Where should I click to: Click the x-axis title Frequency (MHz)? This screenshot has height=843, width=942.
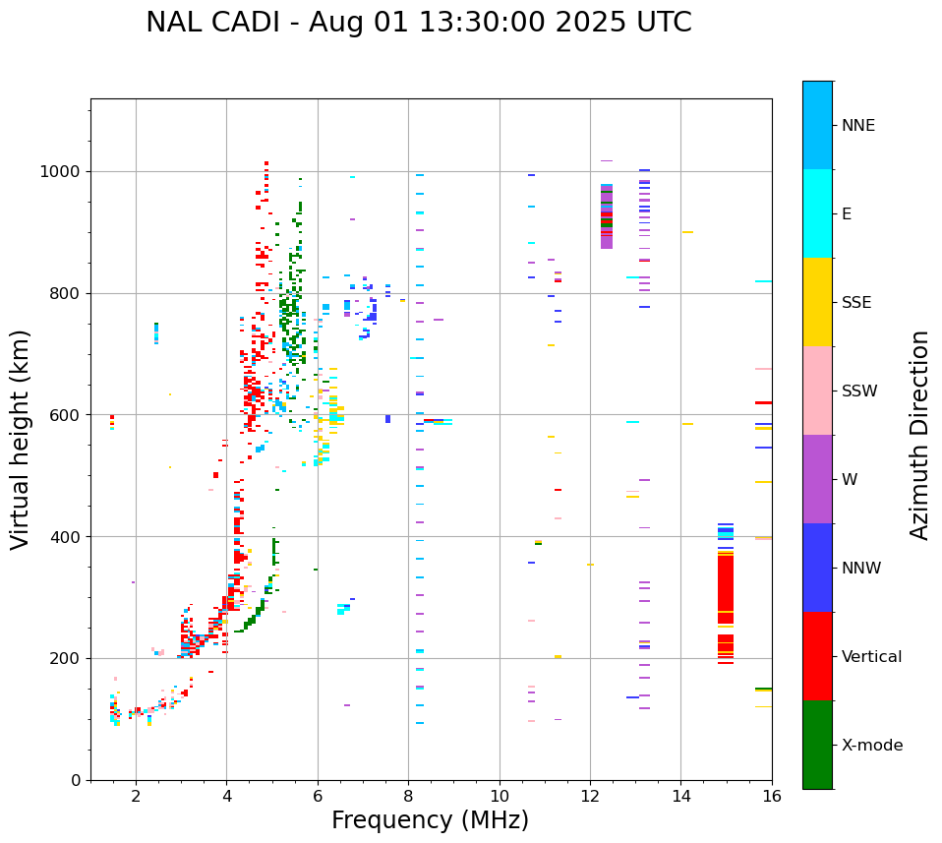[x=430, y=820]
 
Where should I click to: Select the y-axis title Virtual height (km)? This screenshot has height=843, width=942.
[x=21, y=439]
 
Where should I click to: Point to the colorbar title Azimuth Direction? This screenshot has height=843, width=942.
[x=919, y=434]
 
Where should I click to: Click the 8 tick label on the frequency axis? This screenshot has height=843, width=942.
[x=408, y=796]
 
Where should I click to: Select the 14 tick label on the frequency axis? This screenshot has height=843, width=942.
[x=680, y=796]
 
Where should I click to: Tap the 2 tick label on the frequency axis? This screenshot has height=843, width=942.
[x=136, y=796]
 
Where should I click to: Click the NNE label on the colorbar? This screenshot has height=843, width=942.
[x=857, y=126]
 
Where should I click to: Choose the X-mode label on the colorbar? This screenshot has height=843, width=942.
[x=872, y=746]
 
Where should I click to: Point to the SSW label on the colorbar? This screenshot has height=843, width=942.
[x=859, y=391]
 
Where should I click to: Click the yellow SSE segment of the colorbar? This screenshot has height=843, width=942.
[x=817, y=302]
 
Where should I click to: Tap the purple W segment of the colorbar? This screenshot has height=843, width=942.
[x=817, y=479]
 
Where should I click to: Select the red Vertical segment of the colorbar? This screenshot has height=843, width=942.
[x=817, y=656]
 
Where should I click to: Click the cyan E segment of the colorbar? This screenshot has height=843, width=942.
[x=817, y=213]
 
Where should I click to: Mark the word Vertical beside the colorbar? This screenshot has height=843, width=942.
[x=871, y=657]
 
